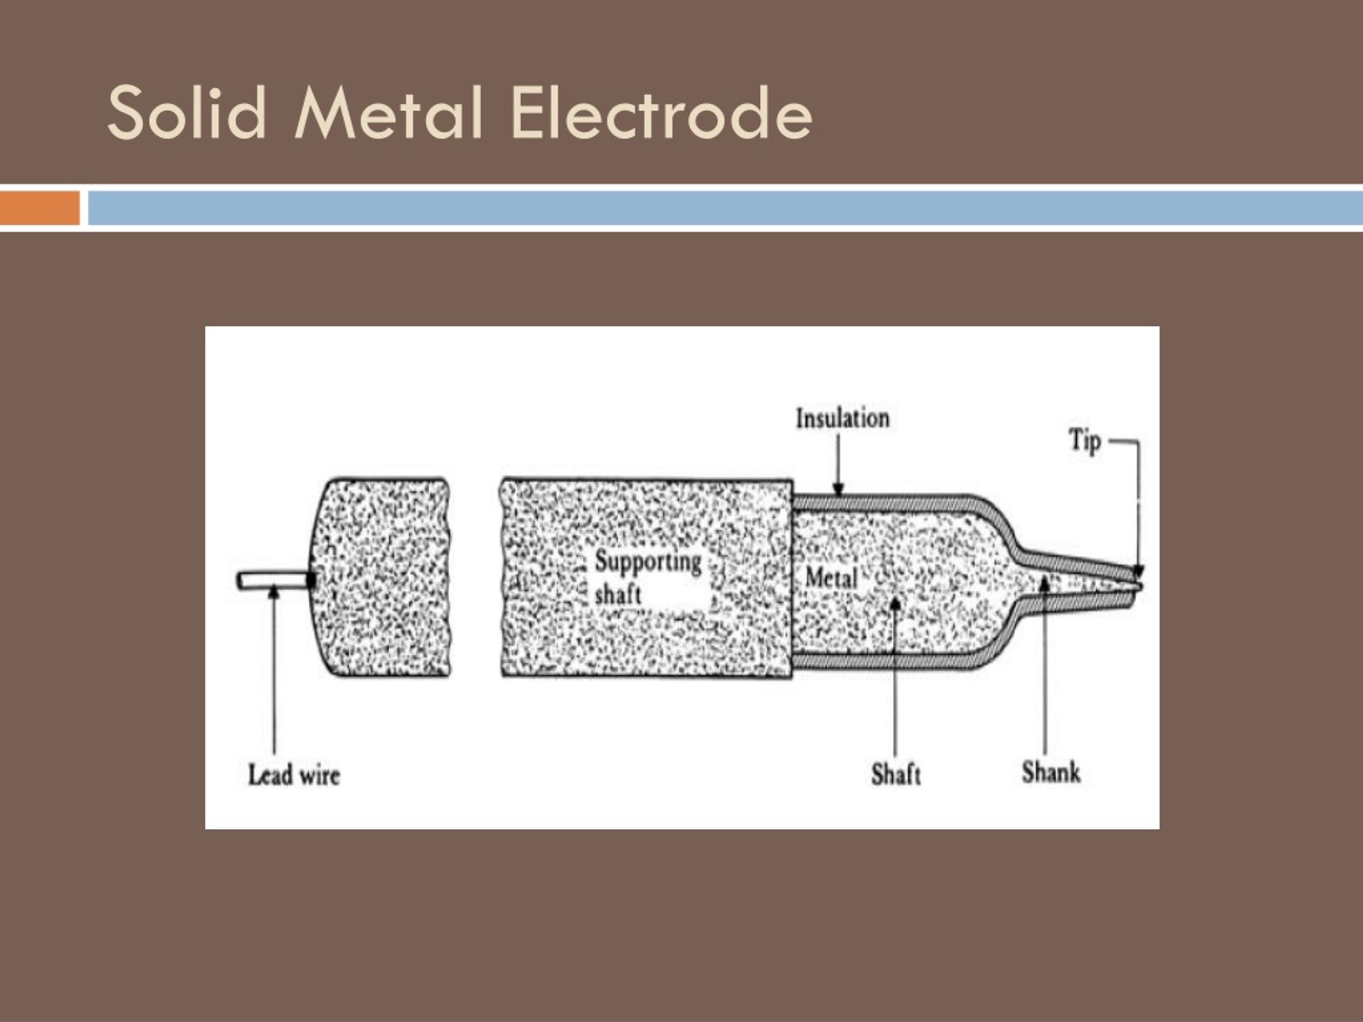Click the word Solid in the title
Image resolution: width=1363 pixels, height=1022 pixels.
tap(187, 113)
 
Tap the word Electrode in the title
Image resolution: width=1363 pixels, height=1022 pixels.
tap(661, 113)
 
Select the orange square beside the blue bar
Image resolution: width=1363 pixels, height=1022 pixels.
tap(39, 208)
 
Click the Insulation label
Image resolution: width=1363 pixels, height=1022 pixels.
tap(842, 419)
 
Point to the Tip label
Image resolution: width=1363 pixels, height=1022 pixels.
tap(1084, 441)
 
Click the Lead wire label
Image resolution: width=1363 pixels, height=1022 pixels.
tap(294, 775)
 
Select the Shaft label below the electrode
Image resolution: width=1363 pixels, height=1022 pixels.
tap(896, 774)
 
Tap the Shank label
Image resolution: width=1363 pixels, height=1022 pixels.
tap(1050, 772)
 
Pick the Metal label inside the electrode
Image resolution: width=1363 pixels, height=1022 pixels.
tap(831, 578)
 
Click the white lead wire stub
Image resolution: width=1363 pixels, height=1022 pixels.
tap(272, 580)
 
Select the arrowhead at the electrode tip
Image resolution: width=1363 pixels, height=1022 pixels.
tap(1138, 572)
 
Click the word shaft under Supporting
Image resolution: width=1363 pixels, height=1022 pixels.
tap(618, 595)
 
